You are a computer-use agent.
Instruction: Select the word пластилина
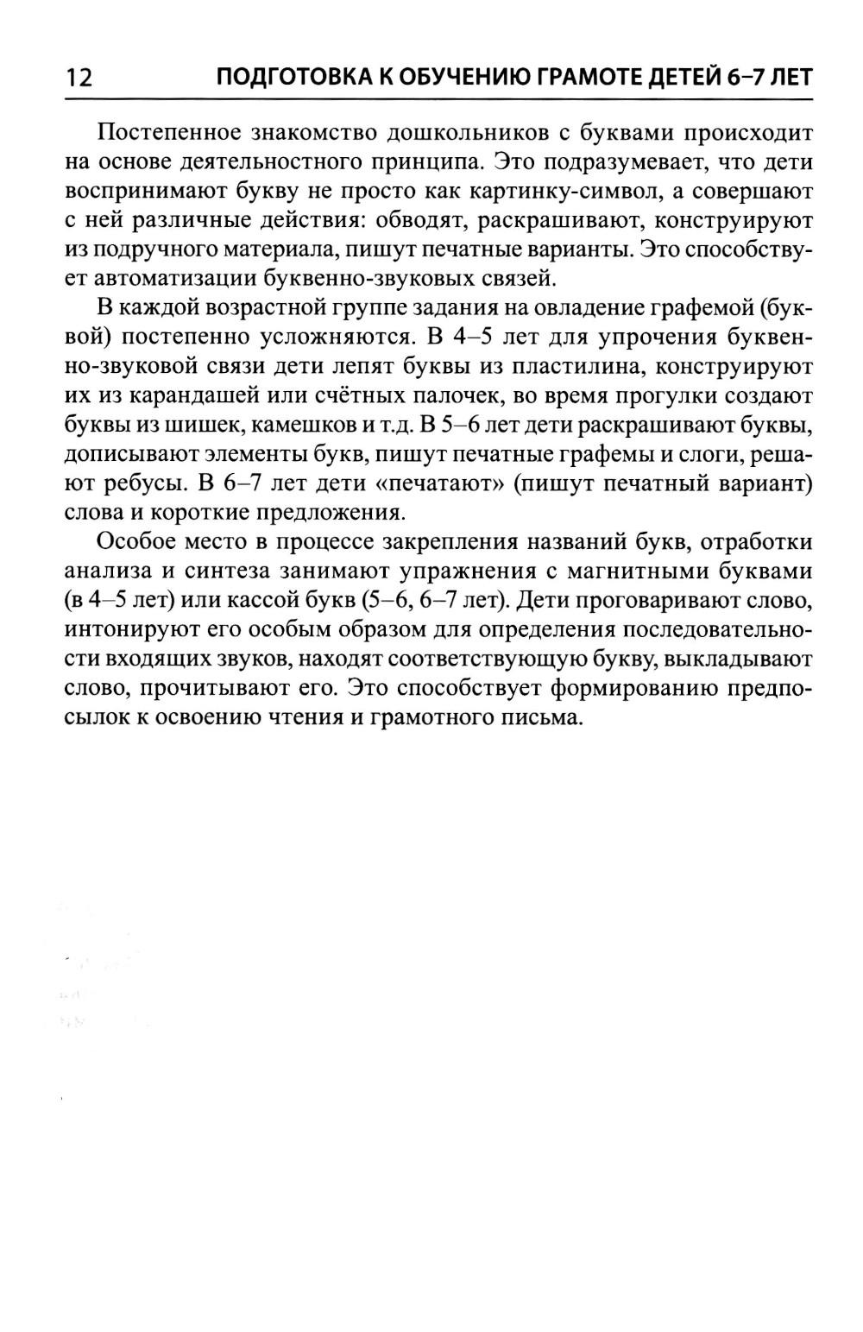(573, 366)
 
